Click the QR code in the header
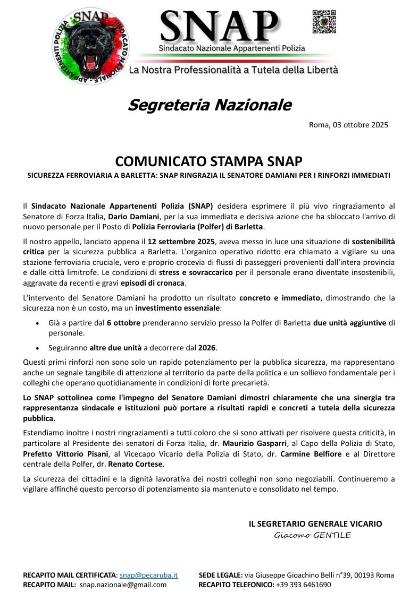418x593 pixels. pyautogui.click(x=324, y=22)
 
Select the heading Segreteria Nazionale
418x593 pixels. pyautogui.click(x=209, y=105)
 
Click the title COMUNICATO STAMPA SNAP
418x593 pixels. pyautogui.click(x=209, y=161)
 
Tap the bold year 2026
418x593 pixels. pyautogui.click(x=207, y=348)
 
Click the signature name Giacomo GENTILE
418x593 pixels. pyautogui.click(x=313, y=535)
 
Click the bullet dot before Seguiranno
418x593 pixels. pyautogui.click(x=36, y=348)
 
